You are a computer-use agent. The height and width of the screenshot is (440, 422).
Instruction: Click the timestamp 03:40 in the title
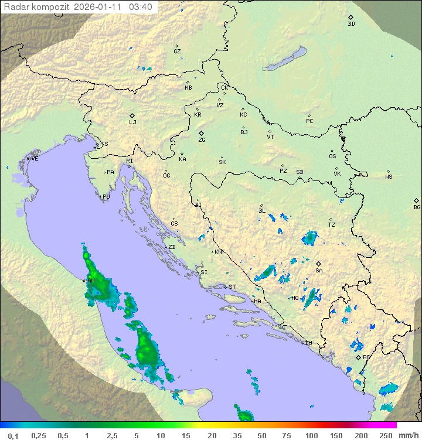pyautogui.click(x=141, y=7)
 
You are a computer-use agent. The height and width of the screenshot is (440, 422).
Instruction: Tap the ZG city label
pyautogui.click(x=202, y=140)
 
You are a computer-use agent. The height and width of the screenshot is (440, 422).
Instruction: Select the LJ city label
pyautogui.click(x=132, y=122)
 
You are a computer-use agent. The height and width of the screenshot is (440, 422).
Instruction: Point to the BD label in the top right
pyautogui.click(x=351, y=24)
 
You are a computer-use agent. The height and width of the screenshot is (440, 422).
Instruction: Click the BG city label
pyautogui.click(x=417, y=207)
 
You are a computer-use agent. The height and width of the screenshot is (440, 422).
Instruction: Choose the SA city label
pyautogui.click(x=319, y=271)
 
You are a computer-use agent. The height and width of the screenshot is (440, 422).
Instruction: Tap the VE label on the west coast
pyautogui.click(x=35, y=159)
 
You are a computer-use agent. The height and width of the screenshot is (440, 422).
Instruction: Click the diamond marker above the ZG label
pyautogui.click(x=201, y=133)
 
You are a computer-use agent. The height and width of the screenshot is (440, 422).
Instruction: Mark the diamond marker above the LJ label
pyautogui.click(x=132, y=115)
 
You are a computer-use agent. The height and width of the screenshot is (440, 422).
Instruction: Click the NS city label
pyautogui.click(x=389, y=177)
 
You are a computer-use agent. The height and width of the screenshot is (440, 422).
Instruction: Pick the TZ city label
pyautogui.click(x=332, y=225)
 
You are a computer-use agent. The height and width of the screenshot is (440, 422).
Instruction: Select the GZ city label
pyautogui.click(x=177, y=52)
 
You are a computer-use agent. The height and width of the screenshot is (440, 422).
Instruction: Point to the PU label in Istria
pyautogui.click(x=106, y=197)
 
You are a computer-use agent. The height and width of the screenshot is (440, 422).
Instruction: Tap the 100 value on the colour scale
pyautogui.click(x=312, y=435)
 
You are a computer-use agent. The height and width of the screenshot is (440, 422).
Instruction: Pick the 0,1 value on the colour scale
pyautogui.click(x=13, y=435)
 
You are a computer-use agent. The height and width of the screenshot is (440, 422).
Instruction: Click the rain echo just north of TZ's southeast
pyautogui.click(x=309, y=238)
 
